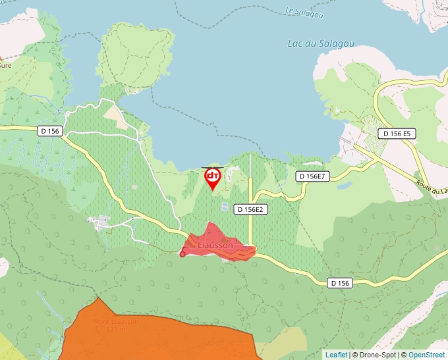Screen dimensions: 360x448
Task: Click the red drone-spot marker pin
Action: (x=212, y=177)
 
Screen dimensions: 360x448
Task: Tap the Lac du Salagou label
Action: (x=321, y=44)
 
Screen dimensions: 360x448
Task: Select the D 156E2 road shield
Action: (x=250, y=210)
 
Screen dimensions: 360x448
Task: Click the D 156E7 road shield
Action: (x=312, y=176)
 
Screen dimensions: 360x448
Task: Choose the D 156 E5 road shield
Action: (x=397, y=134)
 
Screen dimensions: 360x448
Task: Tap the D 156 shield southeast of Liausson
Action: (x=340, y=283)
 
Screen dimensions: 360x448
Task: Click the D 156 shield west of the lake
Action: (x=49, y=131)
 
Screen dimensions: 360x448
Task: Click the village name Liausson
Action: (x=215, y=245)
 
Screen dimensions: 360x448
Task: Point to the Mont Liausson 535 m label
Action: (x=115, y=325)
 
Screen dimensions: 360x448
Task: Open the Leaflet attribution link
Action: (x=336, y=355)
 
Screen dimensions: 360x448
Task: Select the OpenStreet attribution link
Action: (x=426, y=355)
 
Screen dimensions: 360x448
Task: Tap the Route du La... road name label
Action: (x=432, y=186)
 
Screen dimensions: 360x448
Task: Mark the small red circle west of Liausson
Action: (x=182, y=254)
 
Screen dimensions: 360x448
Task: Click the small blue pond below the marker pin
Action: (x=225, y=207)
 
